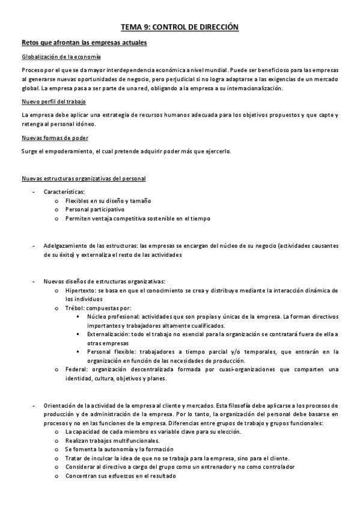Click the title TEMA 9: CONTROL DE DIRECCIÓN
click(180, 27)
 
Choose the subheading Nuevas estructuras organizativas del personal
click(83, 178)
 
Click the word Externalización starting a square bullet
click(112, 334)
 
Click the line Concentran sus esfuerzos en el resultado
click(120, 476)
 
